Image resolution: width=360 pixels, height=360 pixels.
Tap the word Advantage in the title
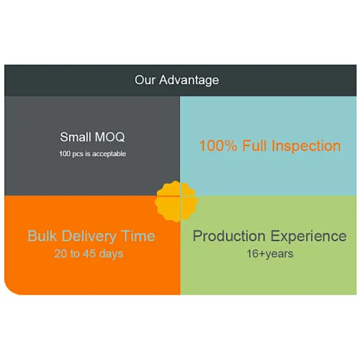[189, 81]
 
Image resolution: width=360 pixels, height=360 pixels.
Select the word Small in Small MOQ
[76, 137]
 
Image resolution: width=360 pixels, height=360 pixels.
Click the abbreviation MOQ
[109, 138]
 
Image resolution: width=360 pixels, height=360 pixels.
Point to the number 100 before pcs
[65, 153]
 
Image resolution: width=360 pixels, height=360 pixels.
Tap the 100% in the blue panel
[218, 145]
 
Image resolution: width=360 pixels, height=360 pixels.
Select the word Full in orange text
[254, 145]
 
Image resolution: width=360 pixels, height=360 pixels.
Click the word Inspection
[306, 146]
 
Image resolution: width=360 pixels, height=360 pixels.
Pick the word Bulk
[42, 235]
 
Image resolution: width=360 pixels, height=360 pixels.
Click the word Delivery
[89, 237]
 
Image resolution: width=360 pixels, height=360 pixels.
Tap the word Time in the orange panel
[138, 236]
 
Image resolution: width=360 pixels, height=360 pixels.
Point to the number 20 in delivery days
[60, 253]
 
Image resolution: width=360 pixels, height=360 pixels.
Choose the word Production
[229, 236]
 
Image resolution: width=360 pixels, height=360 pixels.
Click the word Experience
[309, 237]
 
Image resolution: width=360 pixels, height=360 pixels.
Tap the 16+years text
[270, 254]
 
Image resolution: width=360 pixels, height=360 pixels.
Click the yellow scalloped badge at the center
[176, 202]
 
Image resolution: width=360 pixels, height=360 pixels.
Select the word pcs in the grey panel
[78, 154]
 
